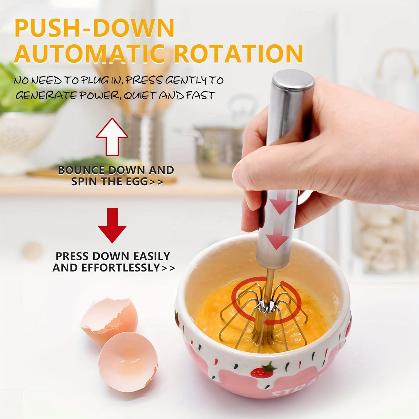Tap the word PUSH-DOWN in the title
94,28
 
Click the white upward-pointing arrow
112,137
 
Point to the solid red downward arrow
112,225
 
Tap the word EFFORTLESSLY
121,268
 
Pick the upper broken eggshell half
108,320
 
